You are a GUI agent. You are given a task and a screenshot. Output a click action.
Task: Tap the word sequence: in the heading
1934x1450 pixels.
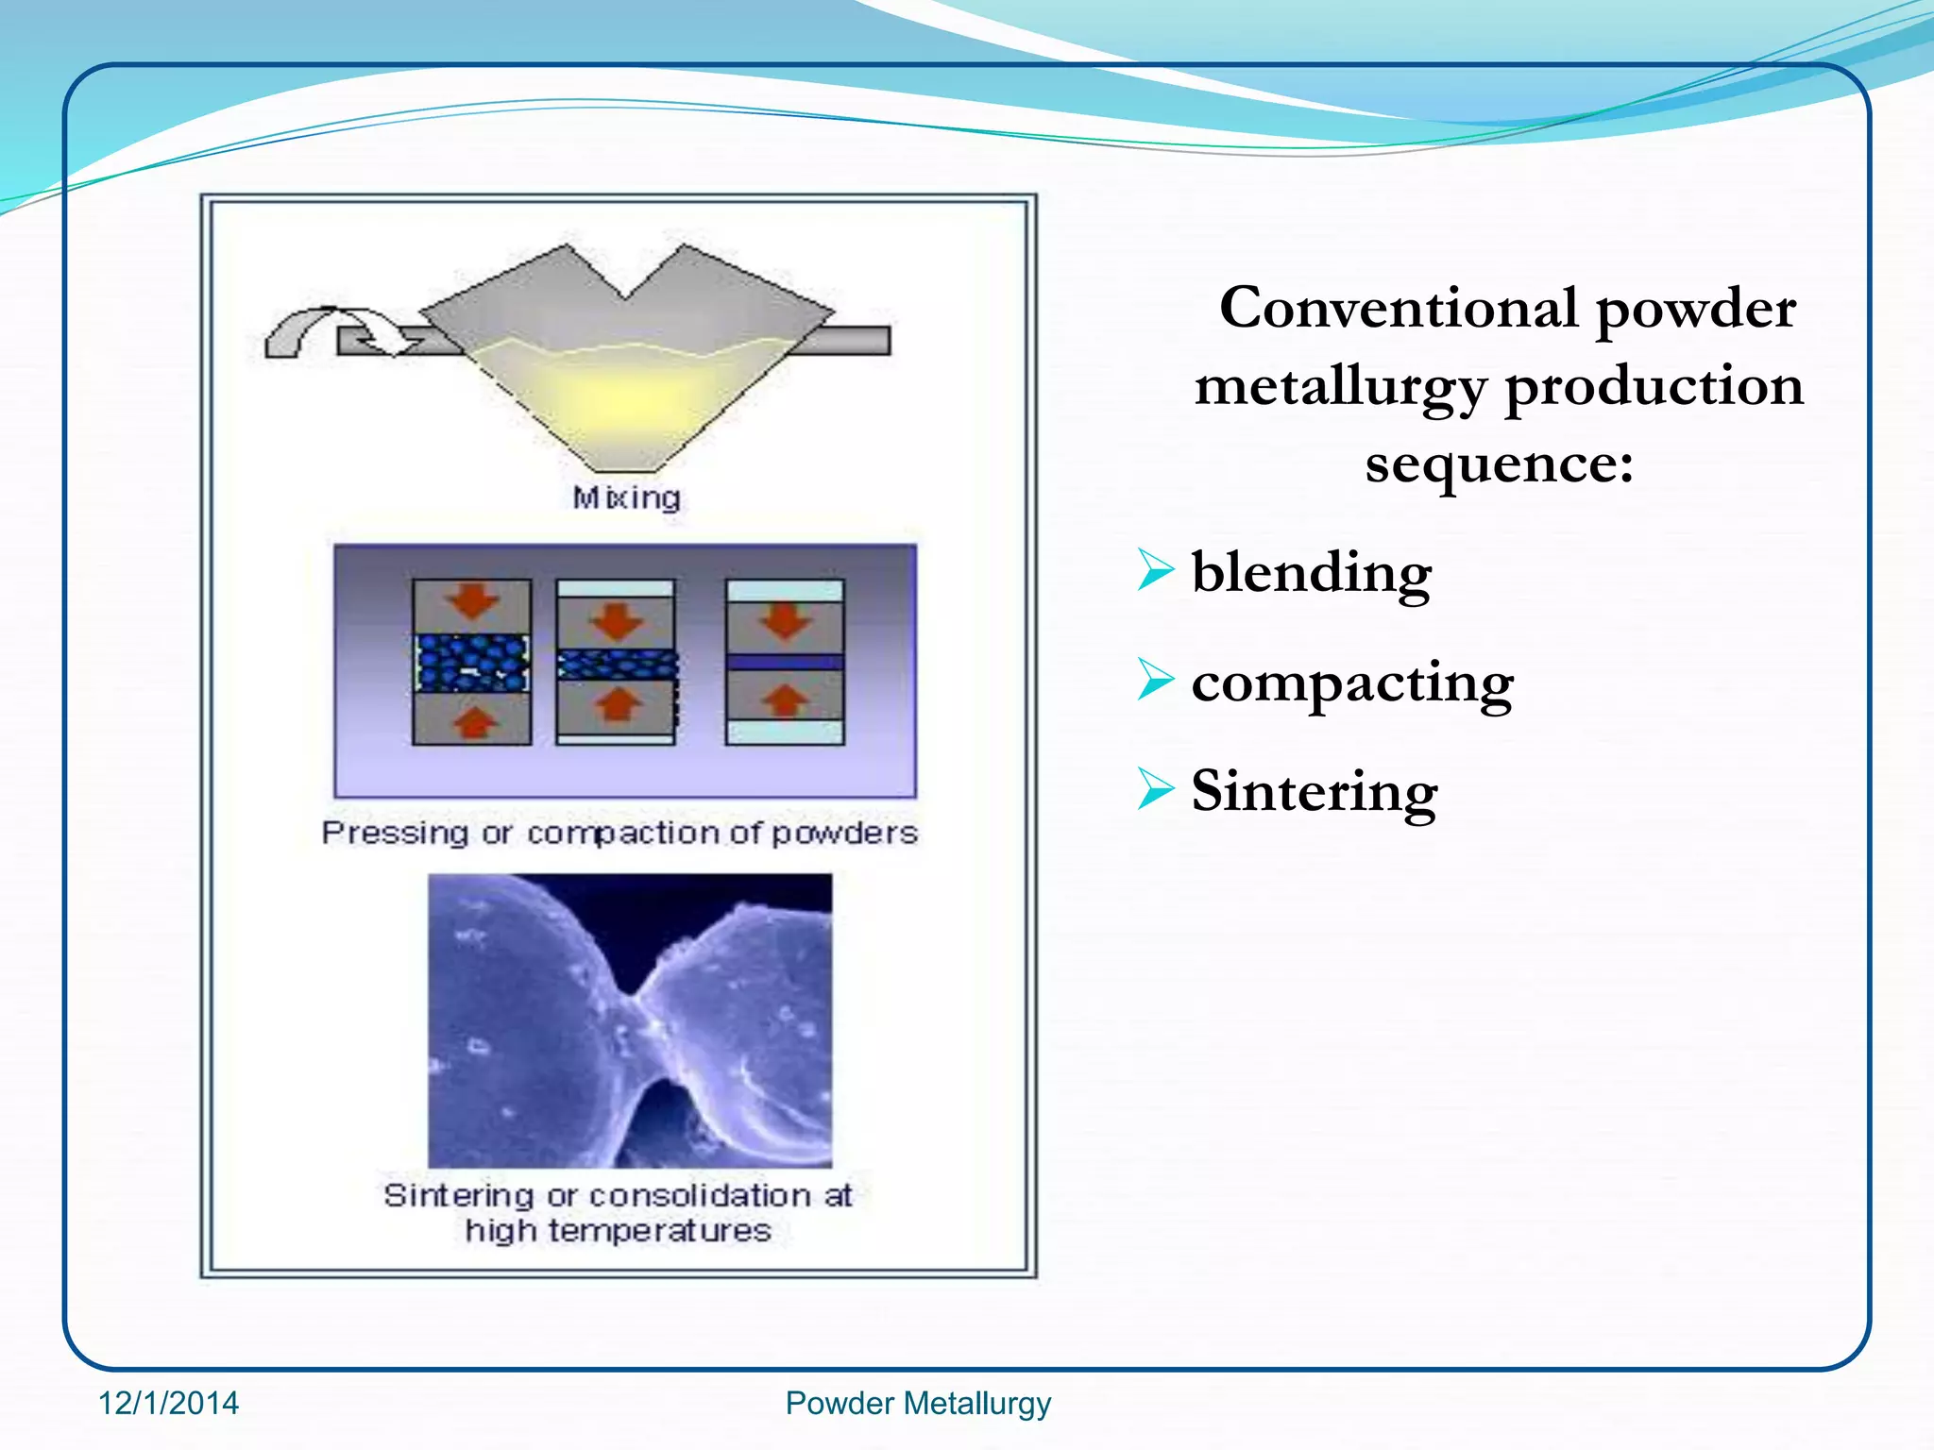(1499, 464)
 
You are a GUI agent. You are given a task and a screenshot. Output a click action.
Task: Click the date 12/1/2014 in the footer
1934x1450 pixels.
(169, 1403)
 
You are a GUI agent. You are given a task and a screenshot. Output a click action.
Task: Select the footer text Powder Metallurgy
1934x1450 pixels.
(918, 1403)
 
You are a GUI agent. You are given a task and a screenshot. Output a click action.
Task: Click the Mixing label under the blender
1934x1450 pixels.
(626, 497)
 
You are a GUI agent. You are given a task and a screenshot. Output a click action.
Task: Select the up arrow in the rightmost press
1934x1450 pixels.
(784, 700)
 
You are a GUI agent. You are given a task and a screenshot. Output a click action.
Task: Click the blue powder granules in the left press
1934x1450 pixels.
(472, 663)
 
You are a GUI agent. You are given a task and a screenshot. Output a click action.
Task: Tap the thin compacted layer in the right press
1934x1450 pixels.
(784, 663)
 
